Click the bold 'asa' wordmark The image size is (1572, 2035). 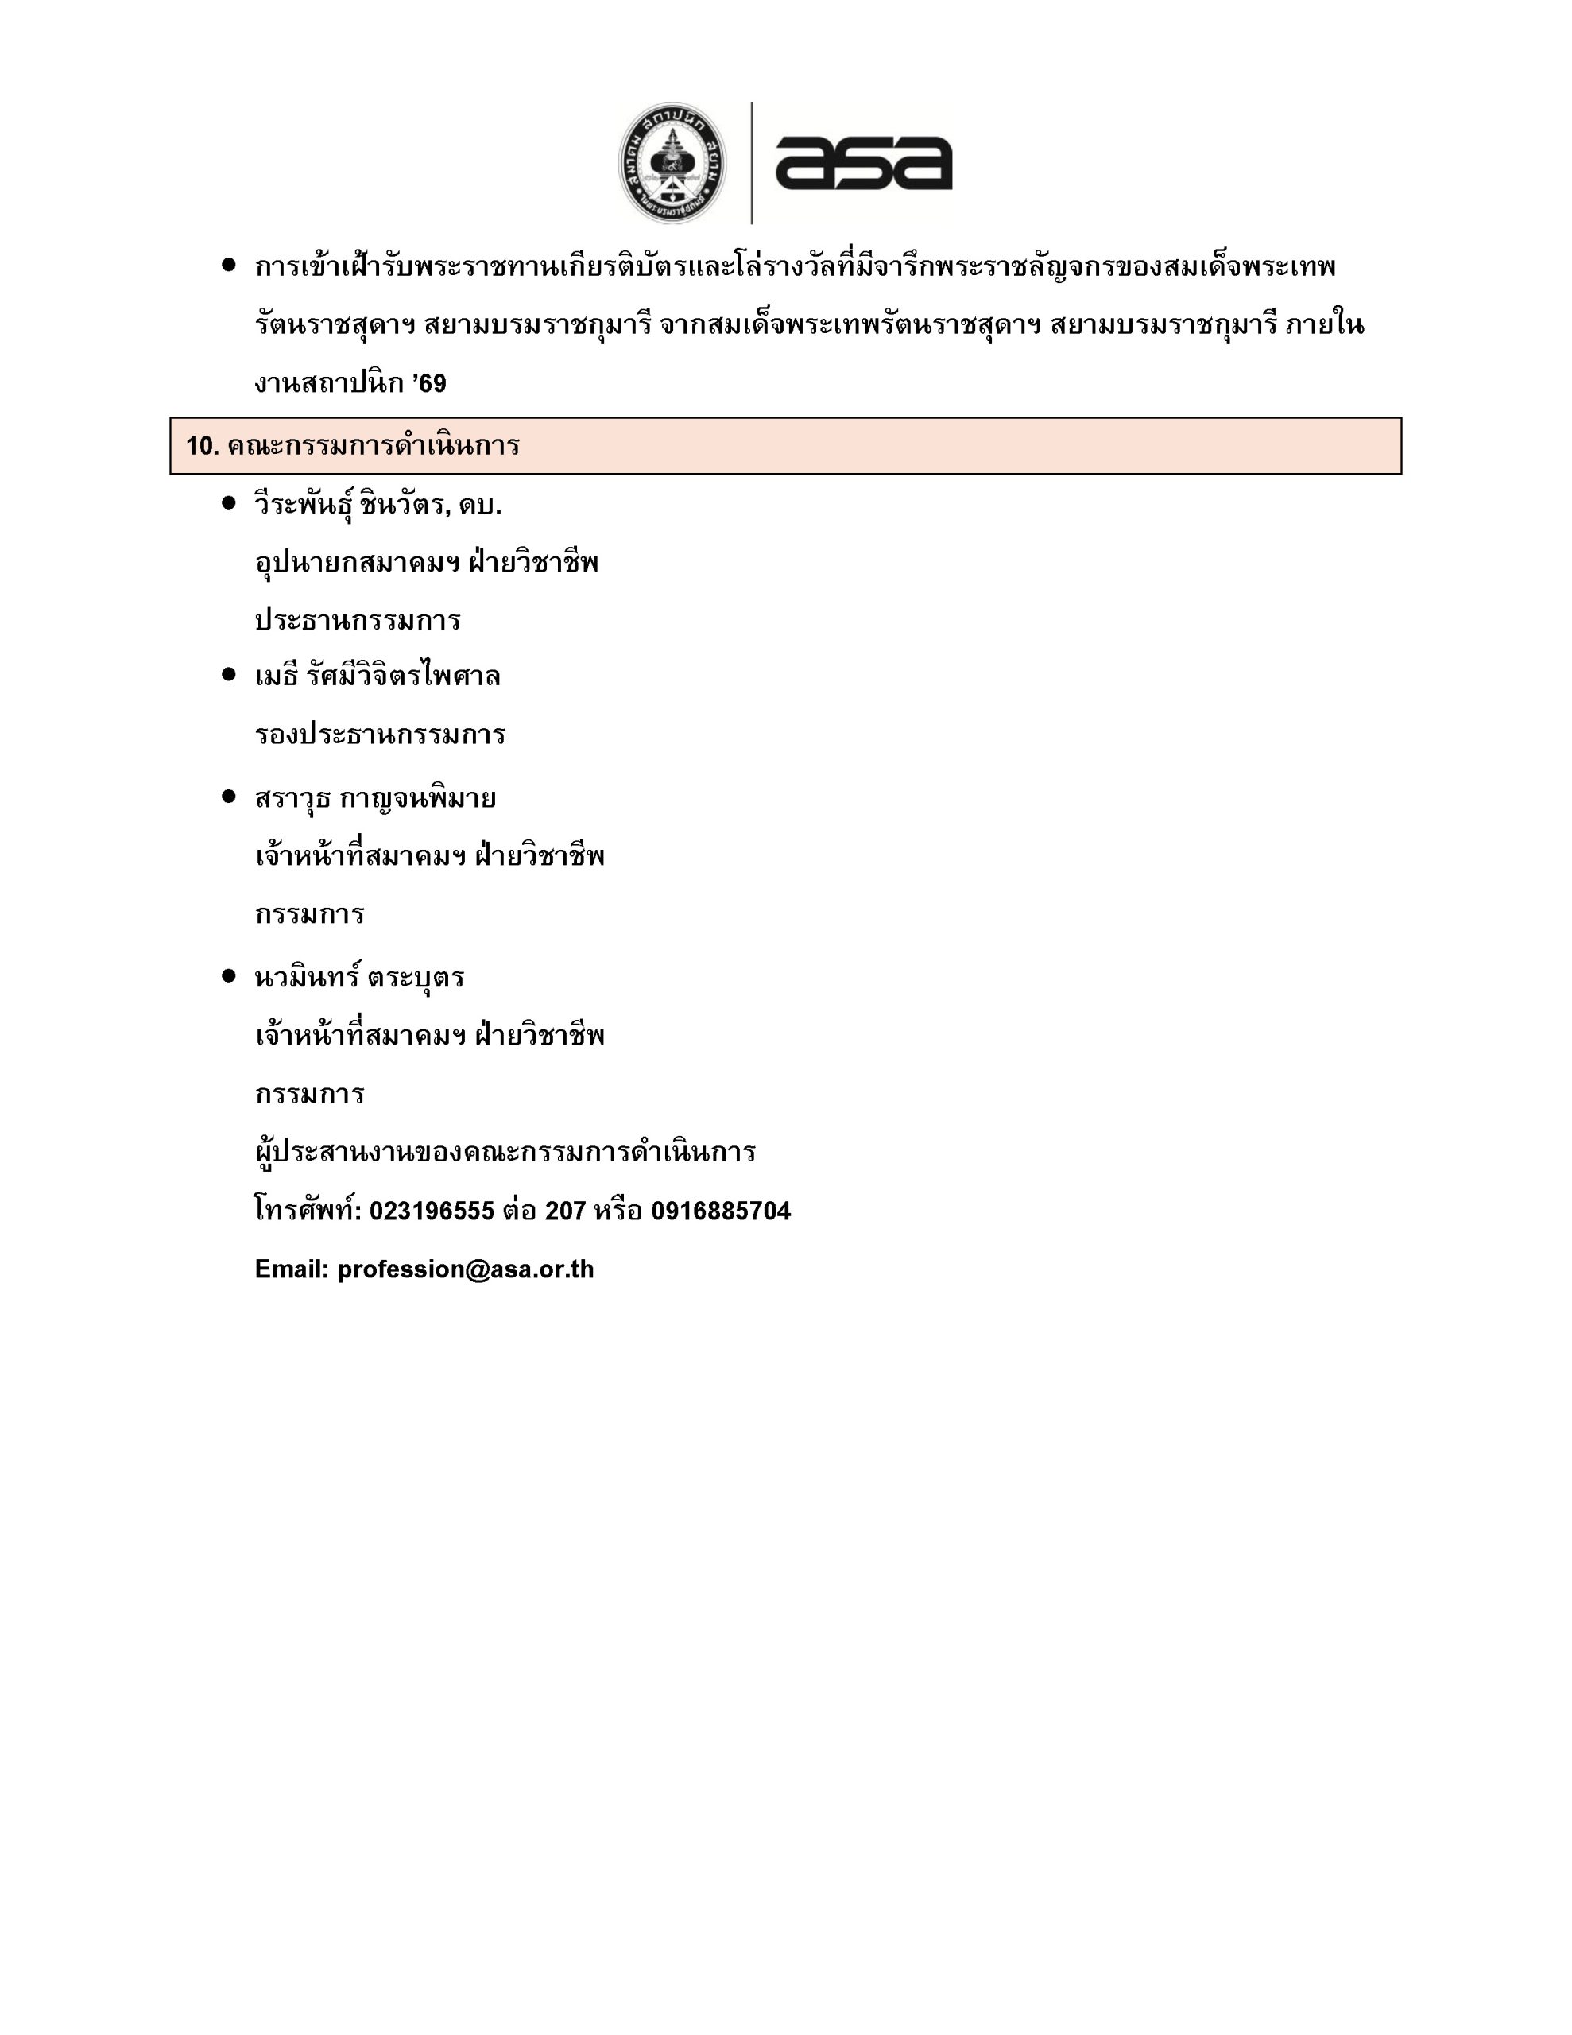pyautogui.click(x=863, y=163)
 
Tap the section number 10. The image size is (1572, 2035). pyautogui.click(x=201, y=446)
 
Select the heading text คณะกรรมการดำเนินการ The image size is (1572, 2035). pyautogui.click(x=373, y=446)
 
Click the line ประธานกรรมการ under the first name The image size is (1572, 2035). pyautogui.click(x=358, y=621)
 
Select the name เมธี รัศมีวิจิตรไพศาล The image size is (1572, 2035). pyautogui.click(x=378, y=676)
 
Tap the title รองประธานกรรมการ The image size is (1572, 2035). pyautogui.click(x=380, y=735)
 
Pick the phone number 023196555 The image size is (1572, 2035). pyautogui.click(x=432, y=1211)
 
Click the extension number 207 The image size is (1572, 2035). pyautogui.click(x=565, y=1211)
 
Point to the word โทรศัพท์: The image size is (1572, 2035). pyautogui.click(x=308, y=1211)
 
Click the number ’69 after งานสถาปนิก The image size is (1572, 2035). pyautogui.click(x=430, y=384)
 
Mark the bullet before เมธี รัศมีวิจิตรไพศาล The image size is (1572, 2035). pyautogui.click(x=228, y=675)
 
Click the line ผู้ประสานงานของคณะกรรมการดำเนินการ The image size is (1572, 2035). pyautogui.click(x=505, y=1153)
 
